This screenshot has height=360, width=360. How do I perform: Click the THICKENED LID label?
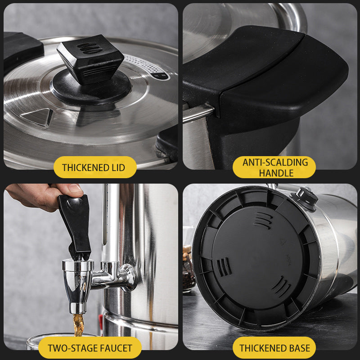[x=93, y=167]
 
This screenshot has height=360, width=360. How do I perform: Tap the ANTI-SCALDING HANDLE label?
[x=274, y=167]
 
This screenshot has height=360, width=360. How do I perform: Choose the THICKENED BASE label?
[x=274, y=347]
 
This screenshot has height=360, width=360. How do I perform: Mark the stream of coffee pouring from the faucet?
[x=78, y=324]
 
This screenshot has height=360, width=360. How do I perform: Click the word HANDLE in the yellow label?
[x=274, y=173]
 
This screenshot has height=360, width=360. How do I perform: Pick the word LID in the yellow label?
[x=116, y=167]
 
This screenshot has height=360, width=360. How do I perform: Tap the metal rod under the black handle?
[x=198, y=112]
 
